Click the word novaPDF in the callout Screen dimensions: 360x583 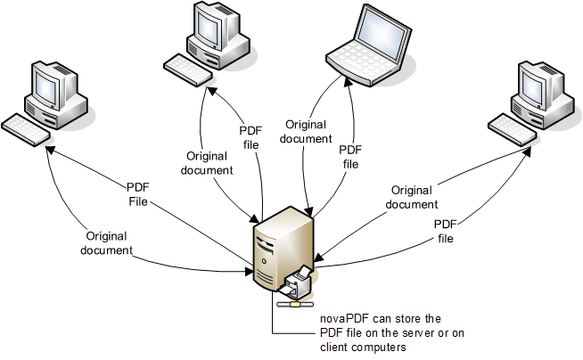[343, 318]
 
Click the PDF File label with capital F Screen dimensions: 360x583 [137, 195]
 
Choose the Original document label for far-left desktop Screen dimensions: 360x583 [110, 243]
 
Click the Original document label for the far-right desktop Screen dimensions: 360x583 [411, 197]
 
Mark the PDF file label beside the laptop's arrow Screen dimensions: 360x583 [351, 157]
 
